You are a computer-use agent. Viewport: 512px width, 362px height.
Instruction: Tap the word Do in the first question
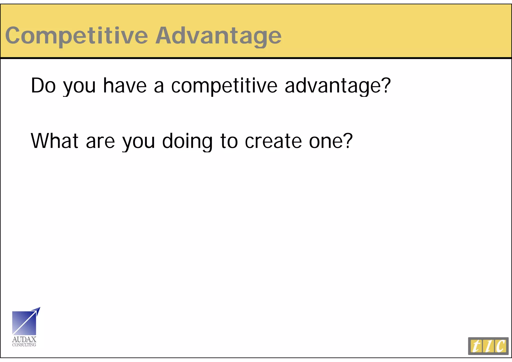[43, 85]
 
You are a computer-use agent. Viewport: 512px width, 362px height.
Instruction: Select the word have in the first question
[125, 85]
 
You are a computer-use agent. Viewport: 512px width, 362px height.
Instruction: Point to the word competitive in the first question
[224, 85]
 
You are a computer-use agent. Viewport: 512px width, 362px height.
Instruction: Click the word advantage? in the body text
[337, 85]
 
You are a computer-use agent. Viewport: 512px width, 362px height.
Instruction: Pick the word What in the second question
[54, 141]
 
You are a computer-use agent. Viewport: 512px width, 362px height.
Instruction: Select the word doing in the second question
[187, 141]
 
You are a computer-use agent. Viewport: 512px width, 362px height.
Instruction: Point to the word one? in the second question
[331, 141]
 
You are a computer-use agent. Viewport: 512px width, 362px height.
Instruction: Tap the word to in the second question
[229, 141]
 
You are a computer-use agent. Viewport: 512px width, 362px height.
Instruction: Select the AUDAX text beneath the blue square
[24, 339]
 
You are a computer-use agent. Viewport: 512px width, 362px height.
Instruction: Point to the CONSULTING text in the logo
[24, 345]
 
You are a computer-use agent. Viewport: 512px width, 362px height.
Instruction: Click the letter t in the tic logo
[476, 346]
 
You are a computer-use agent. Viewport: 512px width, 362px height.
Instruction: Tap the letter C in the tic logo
[501, 346]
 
